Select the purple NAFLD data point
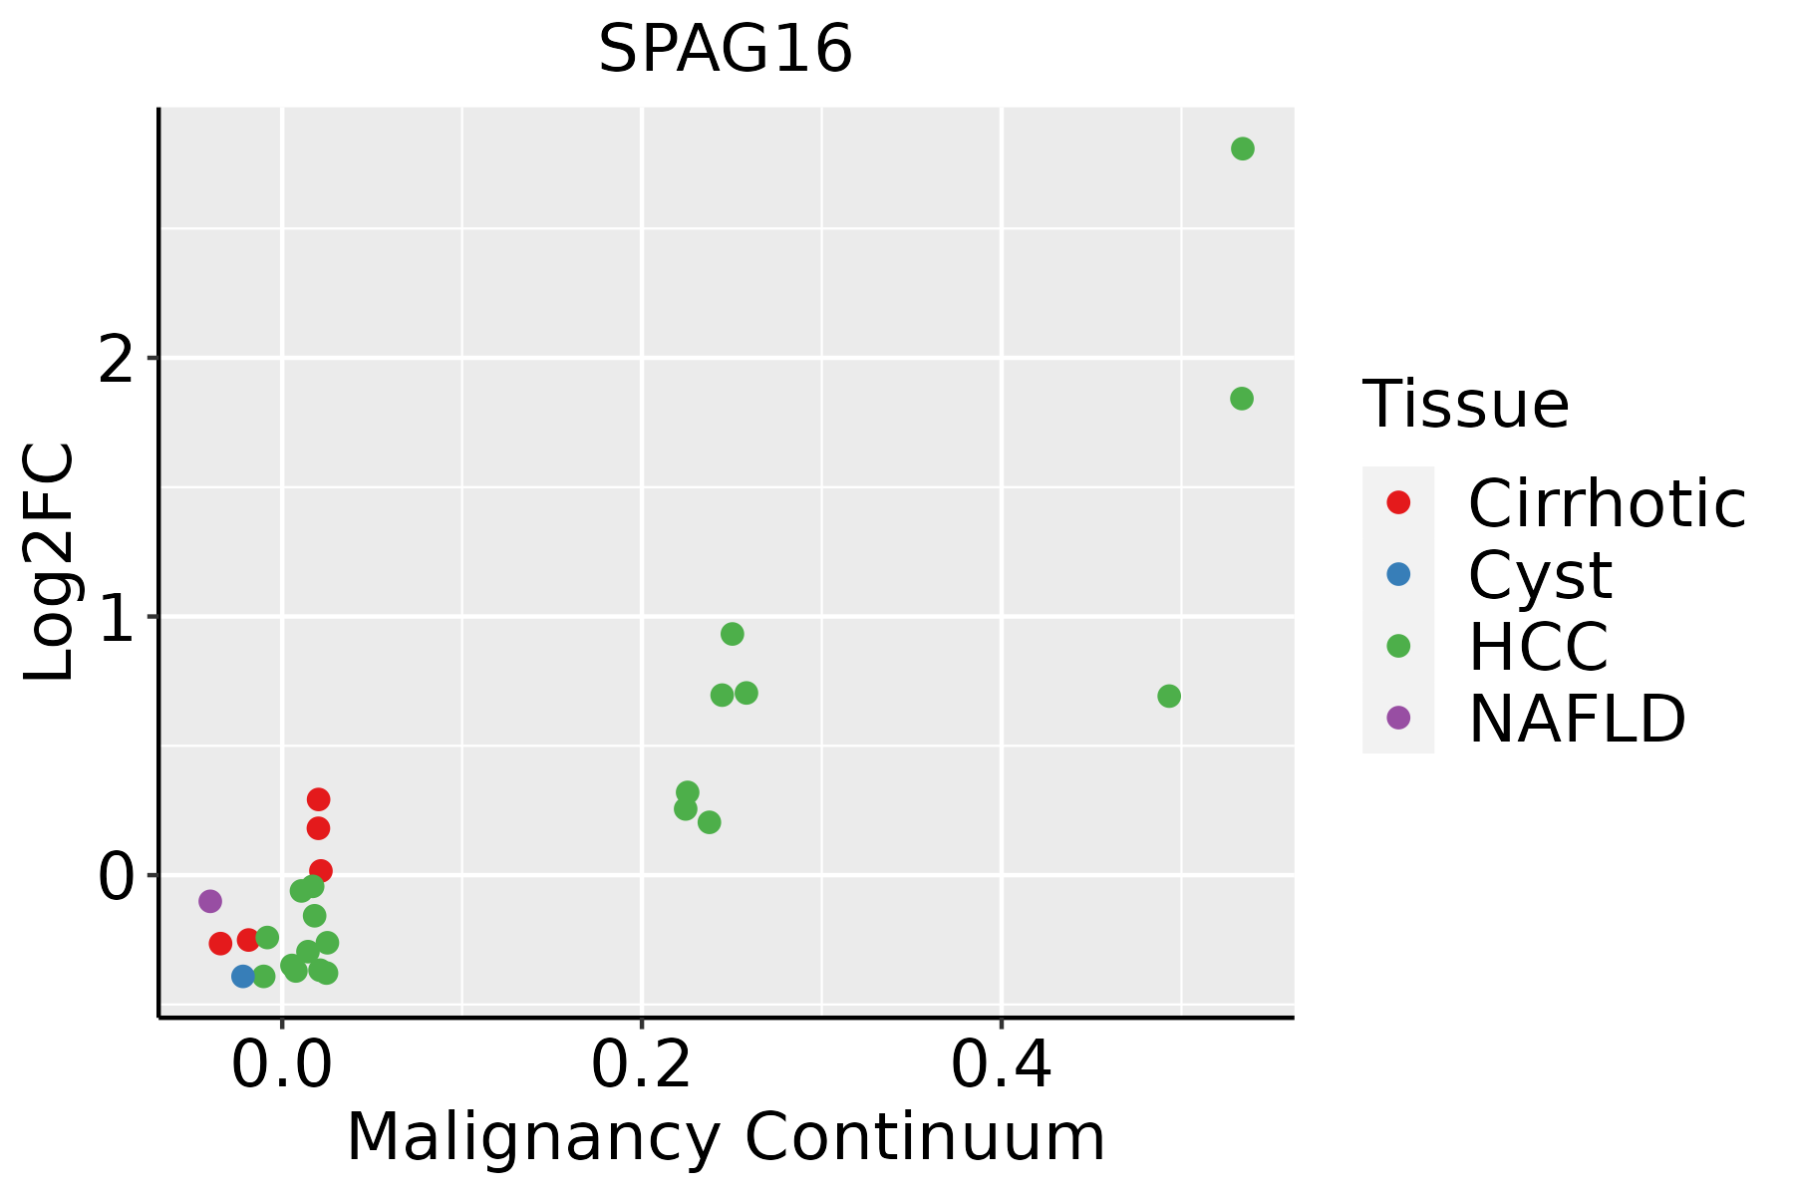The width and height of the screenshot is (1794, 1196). pyautogui.click(x=210, y=901)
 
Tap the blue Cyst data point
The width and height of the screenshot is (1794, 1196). pyautogui.click(x=243, y=976)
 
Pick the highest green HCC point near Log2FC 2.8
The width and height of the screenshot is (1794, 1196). pyautogui.click(x=1242, y=149)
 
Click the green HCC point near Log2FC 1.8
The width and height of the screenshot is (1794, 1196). pyautogui.click(x=1241, y=399)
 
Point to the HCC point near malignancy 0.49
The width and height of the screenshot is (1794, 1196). pyautogui.click(x=1169, y=696)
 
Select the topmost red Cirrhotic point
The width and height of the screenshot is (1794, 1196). pyautogui.click(x=318, y=799)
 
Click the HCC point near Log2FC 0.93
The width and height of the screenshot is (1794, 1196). pyautogui.click(x=733, y=634)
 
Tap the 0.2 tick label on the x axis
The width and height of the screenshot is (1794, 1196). pyautogui.click(x=641, y=1066)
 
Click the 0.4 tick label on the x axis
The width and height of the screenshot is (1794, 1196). pyautogui.click(x=1001, y=1066)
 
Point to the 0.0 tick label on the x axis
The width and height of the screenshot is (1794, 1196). pyautogui.click(x=282, y=1066)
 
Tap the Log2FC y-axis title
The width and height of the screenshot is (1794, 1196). pyautogui.click(x=50, y=562)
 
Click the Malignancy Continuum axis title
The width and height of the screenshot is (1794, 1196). pyautogui.click(x=725, y=1138)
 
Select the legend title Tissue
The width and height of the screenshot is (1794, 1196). pyautogui.click(x=1465, y=405)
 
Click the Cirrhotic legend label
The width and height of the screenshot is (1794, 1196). pyautogui.click(x=1606, y=503)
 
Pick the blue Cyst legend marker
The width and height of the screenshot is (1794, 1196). pyautogui.click(x=1398, y=574)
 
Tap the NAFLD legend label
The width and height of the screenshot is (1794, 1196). pyautogui.click(x=1577, y=719)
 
